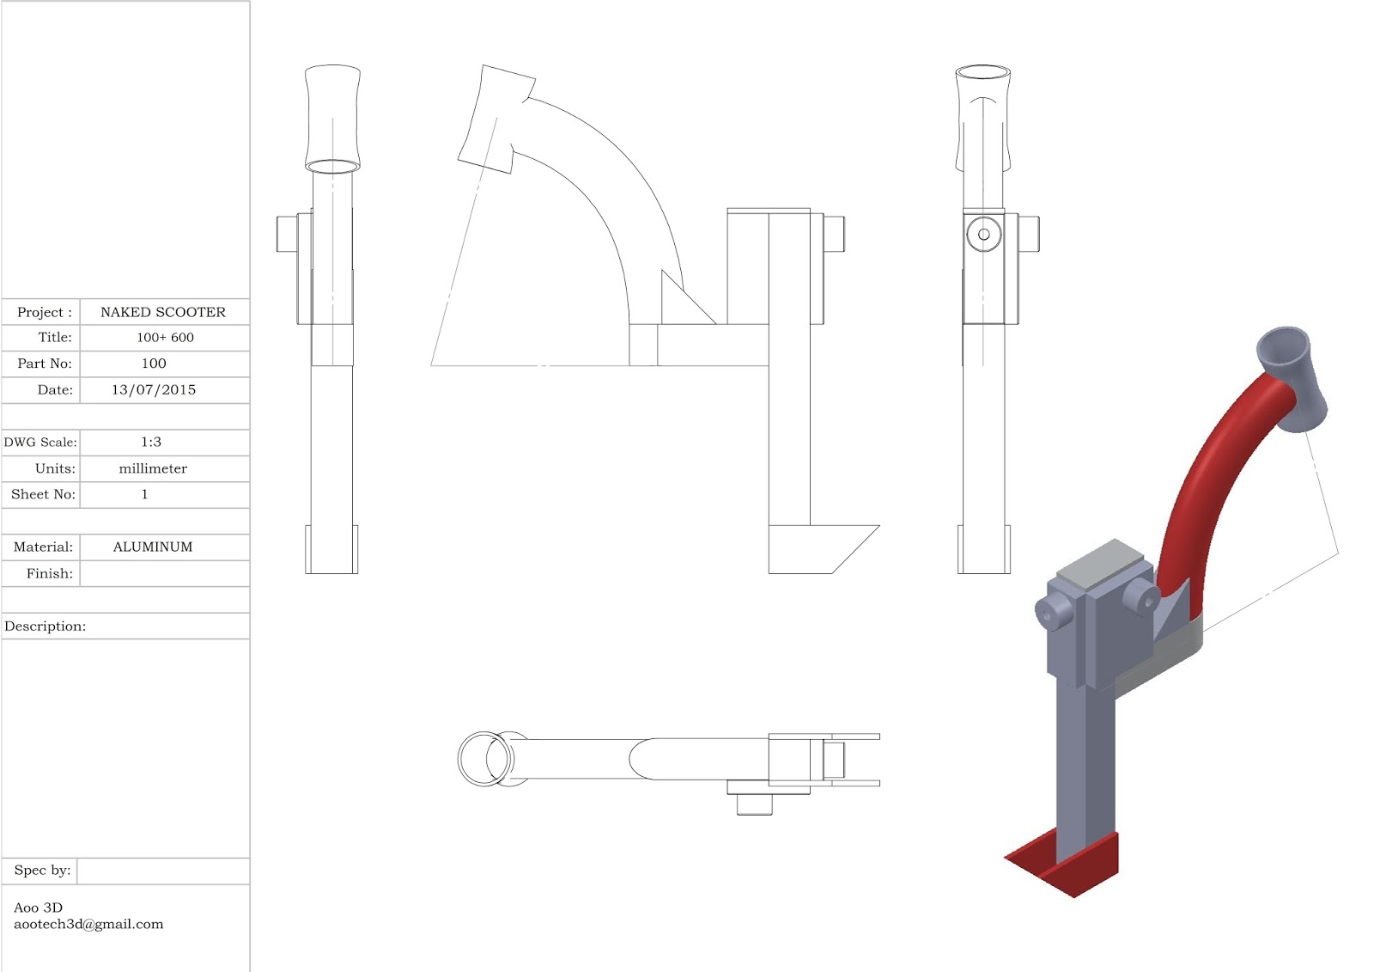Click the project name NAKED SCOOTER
pos(163,312)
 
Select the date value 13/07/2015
pos(154,390)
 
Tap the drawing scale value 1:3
pos(151,442)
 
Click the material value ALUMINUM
pos(153,547)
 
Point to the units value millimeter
pos(153,468)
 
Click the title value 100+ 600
pos(165,338)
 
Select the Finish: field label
pos(49,573)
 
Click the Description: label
pos(46,627)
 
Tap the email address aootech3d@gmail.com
pos(88,925)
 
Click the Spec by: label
pos(42,871)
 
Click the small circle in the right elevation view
pos(983,234)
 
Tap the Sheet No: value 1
pos(144,494)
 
